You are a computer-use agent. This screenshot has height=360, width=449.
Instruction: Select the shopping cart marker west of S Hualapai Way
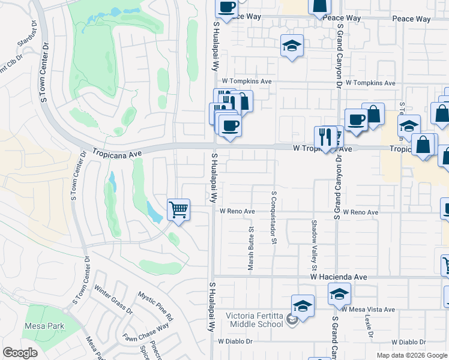[x=178, y=211]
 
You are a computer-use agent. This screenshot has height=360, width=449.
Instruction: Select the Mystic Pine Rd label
[x=155, y=306]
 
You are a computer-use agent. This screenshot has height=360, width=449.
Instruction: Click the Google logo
[x=20, y=353]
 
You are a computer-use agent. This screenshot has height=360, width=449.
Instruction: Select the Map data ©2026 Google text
[x=411, y=355]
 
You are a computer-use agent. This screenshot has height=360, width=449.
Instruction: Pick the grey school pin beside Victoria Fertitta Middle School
[x=292, y=319]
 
